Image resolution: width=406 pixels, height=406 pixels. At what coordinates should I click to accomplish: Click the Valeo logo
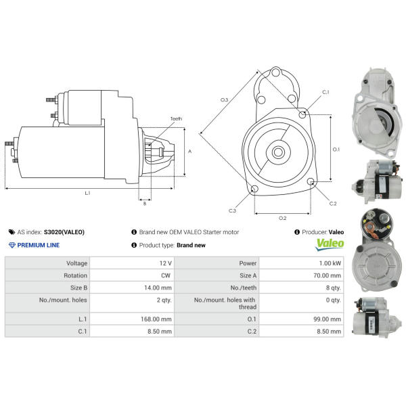330,244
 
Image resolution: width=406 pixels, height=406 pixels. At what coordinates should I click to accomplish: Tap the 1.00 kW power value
330,263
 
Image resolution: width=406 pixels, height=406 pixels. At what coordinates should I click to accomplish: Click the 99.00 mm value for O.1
327,319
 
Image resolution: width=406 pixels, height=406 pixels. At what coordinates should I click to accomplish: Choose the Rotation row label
75,275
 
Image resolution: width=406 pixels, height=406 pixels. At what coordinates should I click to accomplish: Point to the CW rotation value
166,275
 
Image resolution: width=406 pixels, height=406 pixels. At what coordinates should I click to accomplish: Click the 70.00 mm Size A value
327,275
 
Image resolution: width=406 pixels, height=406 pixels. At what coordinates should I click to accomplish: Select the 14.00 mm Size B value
158,288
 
